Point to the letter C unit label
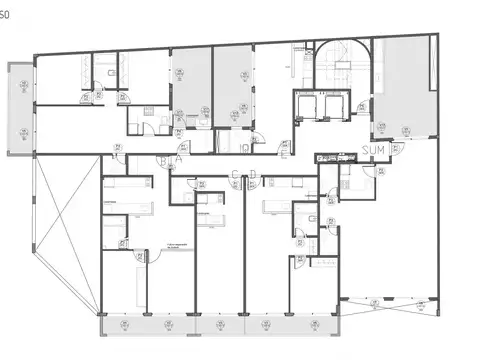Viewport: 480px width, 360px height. point(235,176)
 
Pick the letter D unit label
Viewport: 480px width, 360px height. point(251,176)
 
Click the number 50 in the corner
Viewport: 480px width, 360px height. point(6,7)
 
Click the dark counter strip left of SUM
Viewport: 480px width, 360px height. point(336,157)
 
